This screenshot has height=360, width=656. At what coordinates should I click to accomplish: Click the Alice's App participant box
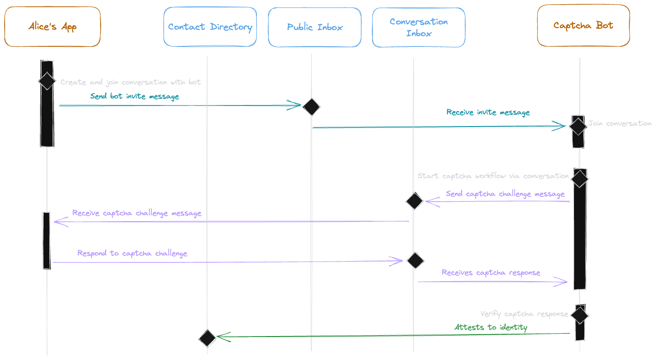click(x=52, y=27)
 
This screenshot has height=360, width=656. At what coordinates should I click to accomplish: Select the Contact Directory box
click(x=210, y=27)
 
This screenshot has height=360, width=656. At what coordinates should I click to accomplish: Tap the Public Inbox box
click(x=315, y=27)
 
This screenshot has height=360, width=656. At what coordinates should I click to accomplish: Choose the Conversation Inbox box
click(x=418, y=27)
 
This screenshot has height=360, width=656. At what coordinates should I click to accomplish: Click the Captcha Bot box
click(x=583, y=26)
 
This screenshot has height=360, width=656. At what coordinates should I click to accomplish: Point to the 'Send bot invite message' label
click(x=134, y=97)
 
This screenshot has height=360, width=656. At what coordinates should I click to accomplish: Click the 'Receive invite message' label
click(x=488, y=112)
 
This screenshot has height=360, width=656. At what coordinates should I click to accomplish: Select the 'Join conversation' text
click(x=619, y=124)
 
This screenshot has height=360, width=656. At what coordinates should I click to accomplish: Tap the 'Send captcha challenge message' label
click(x=505, y=194)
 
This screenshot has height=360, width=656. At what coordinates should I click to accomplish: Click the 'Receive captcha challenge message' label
click(x=137, y=213)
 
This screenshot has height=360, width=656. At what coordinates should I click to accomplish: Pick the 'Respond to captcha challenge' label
click(x=132, y=254)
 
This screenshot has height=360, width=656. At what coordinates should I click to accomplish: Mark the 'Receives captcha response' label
click(x=491, y=273)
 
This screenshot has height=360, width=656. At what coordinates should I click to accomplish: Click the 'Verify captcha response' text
click(x=524, y=314)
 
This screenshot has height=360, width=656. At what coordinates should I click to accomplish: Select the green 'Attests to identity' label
click(x=491, y=328)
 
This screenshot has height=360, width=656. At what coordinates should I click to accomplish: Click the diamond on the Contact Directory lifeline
click(x=208, y=338)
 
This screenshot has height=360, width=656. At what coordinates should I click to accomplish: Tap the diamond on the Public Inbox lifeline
click(x=311, y=107)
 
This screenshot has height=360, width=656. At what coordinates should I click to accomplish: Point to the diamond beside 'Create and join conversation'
click(x=47, y=81)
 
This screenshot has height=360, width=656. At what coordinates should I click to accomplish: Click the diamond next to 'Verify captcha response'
click(x=580, y=315)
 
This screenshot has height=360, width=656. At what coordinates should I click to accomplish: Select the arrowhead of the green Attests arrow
click(x=220, y=337)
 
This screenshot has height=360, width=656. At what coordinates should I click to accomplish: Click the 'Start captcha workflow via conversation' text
click(x=493, y=176)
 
